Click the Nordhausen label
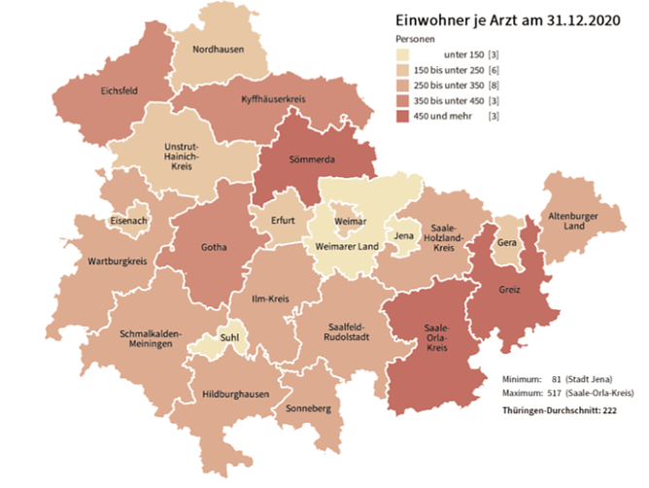coord(218,49)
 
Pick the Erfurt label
coord(283,221)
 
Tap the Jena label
coord(405,235)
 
